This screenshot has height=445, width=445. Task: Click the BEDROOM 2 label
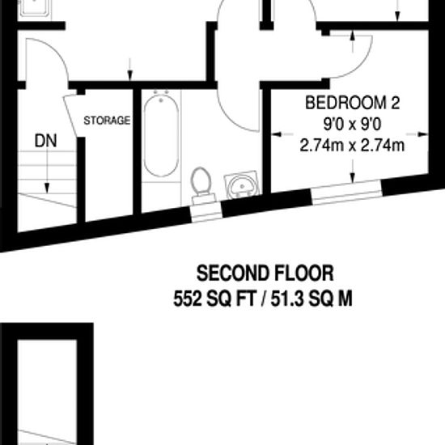pyautogui.click(x=352, y=104)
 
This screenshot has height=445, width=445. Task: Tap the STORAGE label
pyautogui.click(x=107, y=121)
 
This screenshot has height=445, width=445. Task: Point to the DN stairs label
pyautogui.click(x=46, y=141)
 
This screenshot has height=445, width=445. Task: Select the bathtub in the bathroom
pyautogui.click(x=161, y=133)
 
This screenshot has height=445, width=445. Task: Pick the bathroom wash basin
pyautogui.click(x=242, y=184)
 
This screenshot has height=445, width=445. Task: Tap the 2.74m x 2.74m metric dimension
pyautogui.click(x=352, y=146)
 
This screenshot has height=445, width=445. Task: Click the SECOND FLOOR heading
pyautogui.click(x=265, y=273)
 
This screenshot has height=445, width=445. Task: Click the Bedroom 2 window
pyautogui.click(x=346, y=191)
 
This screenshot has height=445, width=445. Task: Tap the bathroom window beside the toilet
pyautogui.click(x=206, y=208)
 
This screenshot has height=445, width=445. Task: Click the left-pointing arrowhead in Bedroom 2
pyautogui.click(x=276, y=133)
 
